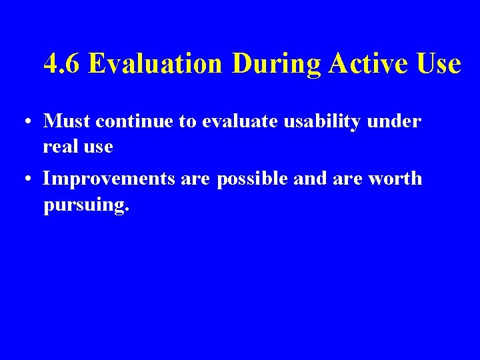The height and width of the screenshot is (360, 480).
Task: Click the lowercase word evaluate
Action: coord(236,121)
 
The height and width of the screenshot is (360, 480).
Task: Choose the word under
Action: coord(396,121)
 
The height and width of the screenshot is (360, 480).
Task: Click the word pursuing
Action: coord(85,205)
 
